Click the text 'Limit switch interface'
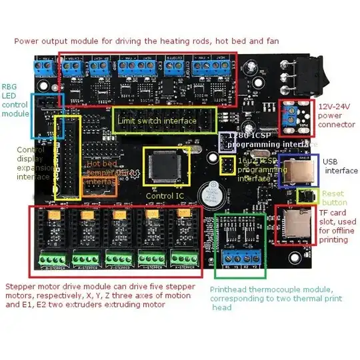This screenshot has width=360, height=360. point(157,121)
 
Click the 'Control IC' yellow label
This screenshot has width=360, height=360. point(164,196)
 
